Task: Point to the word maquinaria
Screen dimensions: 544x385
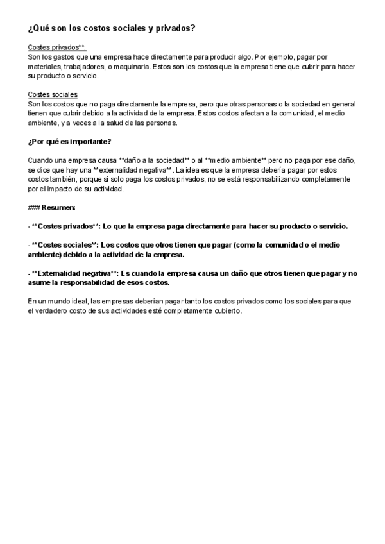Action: (132, 66)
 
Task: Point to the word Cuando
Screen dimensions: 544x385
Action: (41, 160)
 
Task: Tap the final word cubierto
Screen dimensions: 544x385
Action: (227, 310)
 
